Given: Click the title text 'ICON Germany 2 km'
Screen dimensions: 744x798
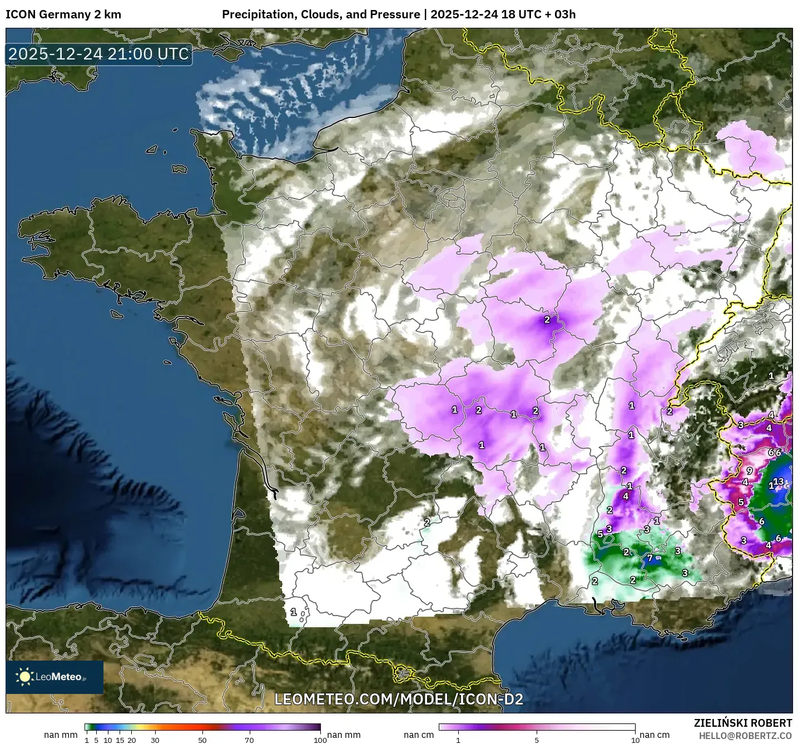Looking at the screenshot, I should pos(63,14).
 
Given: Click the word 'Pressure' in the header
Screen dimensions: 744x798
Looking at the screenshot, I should pos(397,14).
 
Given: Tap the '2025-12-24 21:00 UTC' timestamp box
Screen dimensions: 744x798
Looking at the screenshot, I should pos(99,54).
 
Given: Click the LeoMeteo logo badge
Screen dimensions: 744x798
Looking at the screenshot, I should pos(54,677).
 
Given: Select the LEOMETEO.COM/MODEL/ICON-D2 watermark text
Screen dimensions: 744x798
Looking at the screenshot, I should pos(399,700).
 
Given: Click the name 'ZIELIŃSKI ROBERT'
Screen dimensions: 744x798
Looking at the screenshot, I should pos(743,723).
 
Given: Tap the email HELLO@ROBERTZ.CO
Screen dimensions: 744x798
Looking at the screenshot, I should pos(745,735).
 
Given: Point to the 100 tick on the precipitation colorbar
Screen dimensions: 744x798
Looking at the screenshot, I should pos(320,740).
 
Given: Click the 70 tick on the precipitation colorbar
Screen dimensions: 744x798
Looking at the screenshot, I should pos(250,740).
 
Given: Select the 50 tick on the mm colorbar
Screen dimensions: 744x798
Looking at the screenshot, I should pos(202,740).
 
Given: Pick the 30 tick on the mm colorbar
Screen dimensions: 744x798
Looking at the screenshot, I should pos(155,740).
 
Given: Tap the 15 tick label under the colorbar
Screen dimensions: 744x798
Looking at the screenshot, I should pos(120,740).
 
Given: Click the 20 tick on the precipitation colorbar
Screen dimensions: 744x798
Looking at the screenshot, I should pos(132,740).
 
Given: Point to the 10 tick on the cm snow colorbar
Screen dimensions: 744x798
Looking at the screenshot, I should pos(635,740).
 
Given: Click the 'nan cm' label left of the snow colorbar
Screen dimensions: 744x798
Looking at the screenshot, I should pos(419,735).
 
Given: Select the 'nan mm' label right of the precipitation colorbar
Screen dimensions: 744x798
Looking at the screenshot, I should pos(344,735).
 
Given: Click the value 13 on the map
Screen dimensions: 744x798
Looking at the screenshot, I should pos(779,482).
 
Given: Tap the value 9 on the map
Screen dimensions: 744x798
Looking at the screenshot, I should pos(750,471).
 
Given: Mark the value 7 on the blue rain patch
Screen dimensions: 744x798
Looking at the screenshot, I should pos(650,558).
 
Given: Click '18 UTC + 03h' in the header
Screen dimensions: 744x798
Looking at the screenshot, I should pos(538,14).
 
